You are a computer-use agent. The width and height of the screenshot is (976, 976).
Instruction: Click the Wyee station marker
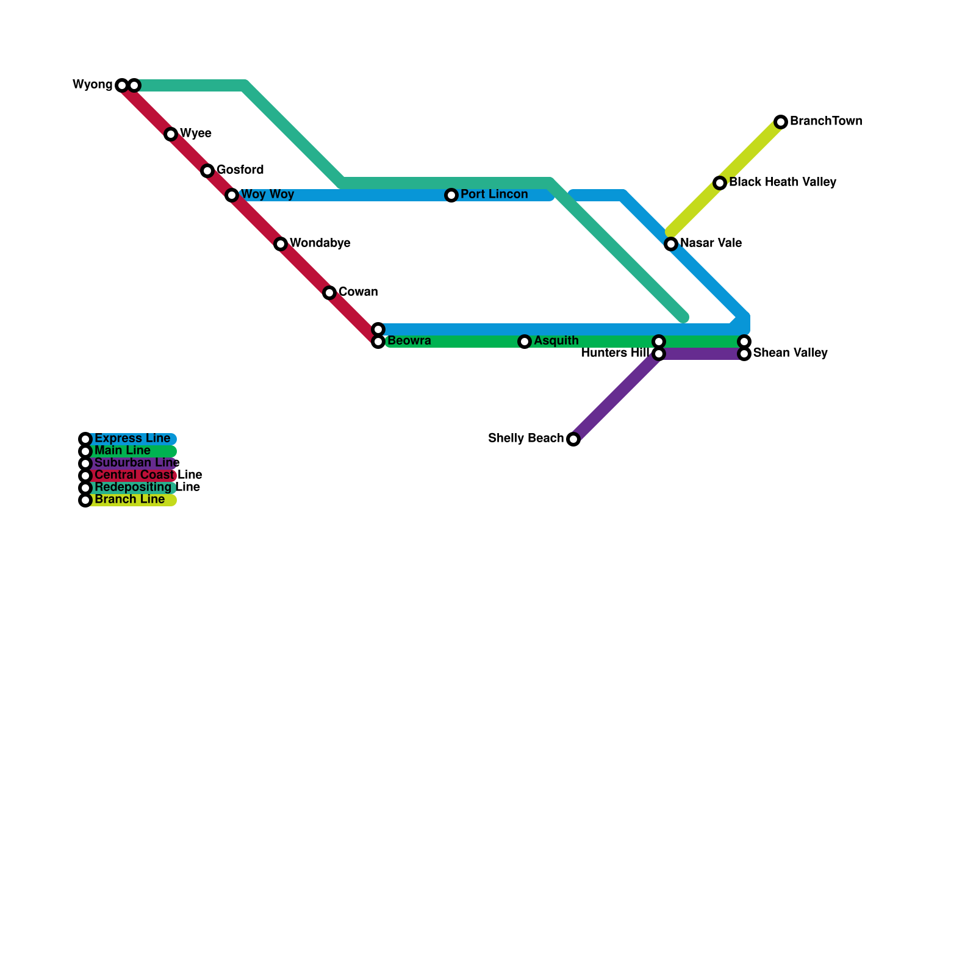pos(171,134)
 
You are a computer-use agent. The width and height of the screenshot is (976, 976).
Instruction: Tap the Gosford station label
pos(240,170)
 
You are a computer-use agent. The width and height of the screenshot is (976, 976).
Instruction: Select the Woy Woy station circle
pos(232,195)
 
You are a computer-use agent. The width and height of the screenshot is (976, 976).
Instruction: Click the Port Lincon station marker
pos(451,195)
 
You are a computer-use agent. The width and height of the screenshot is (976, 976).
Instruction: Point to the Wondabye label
pos(320,243)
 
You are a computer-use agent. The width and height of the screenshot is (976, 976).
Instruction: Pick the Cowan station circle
pos(329,293)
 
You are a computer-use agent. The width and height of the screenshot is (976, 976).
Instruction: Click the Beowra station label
pos(409,341)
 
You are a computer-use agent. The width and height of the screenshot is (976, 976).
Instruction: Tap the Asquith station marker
pos(525,342)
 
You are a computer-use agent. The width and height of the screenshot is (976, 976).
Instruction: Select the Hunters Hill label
pos(614,353)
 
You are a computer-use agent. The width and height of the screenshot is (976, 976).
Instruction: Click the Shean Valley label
pos(790,353)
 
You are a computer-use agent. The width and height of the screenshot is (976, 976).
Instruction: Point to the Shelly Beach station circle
pos(573,439)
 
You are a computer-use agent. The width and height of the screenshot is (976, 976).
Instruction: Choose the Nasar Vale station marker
pos(671,244)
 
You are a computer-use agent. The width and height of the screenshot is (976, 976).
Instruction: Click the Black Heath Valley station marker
pos(720,183)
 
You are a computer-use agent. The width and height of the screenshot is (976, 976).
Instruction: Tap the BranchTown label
pos(826,121)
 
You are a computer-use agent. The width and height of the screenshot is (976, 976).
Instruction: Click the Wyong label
pos(93,85)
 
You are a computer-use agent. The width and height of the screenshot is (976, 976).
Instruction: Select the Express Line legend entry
pos(132,439)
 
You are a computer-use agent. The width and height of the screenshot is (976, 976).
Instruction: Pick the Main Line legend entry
pos(122,451)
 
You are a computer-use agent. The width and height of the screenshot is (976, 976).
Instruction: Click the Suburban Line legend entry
pos(137,463)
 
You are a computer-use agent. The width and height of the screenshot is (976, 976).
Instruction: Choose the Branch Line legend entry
pos(129,500)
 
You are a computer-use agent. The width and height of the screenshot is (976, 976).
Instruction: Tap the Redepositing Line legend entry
pos(146,487)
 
